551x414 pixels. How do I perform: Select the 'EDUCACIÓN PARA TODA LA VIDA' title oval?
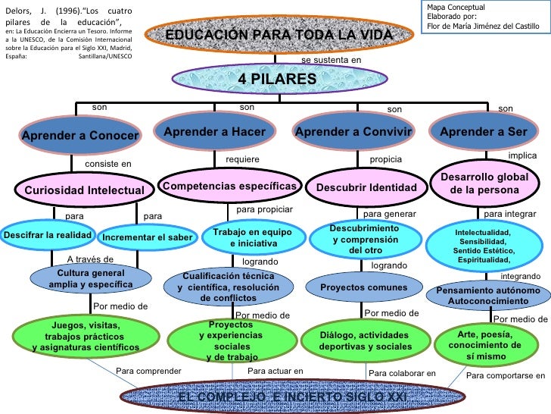pos(279,36)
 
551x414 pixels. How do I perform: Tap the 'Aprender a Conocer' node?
pos(80,136)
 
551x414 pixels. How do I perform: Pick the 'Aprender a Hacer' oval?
pos(220,132)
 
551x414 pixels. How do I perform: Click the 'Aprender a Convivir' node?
pos(356,132)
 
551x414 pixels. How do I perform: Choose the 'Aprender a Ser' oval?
pos(484,132)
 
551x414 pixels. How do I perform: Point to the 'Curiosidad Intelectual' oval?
pos(84,189)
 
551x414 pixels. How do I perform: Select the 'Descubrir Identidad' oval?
pos(366,187)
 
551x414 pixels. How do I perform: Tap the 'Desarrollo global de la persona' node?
pos(484,182)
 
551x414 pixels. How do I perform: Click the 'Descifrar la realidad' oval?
pos(48,236)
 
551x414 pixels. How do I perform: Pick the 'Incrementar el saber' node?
pos(148,238)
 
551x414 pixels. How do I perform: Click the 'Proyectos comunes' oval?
pos(363,288)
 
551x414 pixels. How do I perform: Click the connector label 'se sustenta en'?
pos(332,59)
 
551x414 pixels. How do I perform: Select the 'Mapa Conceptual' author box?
pos(484,17)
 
